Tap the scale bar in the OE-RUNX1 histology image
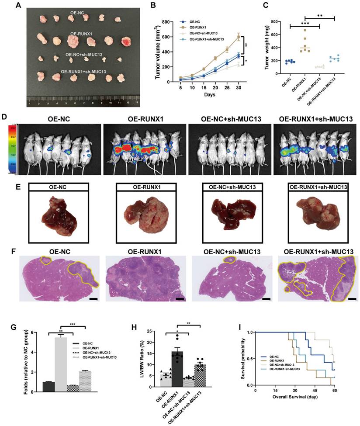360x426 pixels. [179, 300]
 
